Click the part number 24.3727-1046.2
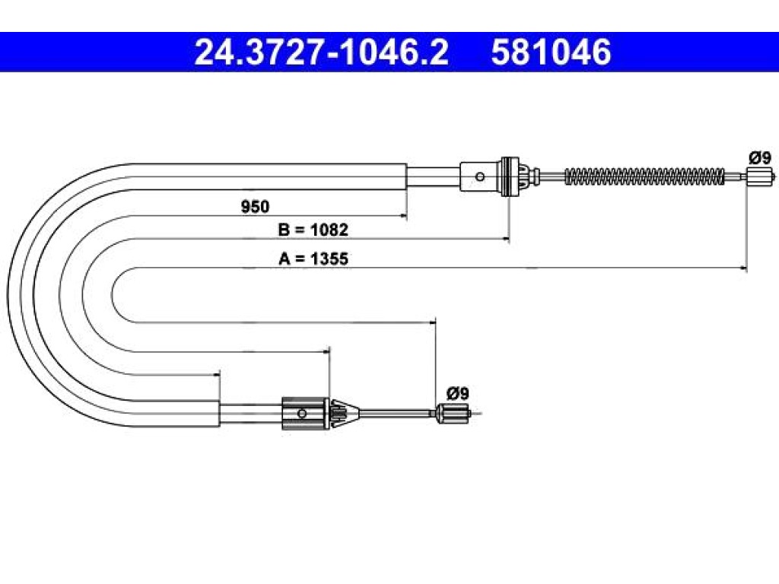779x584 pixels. [322, 52]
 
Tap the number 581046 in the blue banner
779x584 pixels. [551, 52]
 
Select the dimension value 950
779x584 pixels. [255, 206]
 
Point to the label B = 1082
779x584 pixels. [313, 230]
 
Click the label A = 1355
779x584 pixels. [313, 259]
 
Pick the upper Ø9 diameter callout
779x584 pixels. [760, 158]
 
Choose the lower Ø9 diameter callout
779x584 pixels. [457, 393]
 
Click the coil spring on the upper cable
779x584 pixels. [645, 176]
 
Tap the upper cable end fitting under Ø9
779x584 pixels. [760, 176]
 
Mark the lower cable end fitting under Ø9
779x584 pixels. [453, 413]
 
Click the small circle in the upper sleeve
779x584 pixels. [480, 176]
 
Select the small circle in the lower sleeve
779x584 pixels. [301, 413]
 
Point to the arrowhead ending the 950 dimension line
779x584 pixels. [403, 215]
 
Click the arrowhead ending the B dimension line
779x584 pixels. [506, 239]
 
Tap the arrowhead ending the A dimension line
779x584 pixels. [743, 268]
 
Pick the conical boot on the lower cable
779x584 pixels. [345, 413]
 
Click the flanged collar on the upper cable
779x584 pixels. [510, 176]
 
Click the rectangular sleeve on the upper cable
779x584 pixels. [480, 176]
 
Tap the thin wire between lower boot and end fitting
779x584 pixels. [397, 412]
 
